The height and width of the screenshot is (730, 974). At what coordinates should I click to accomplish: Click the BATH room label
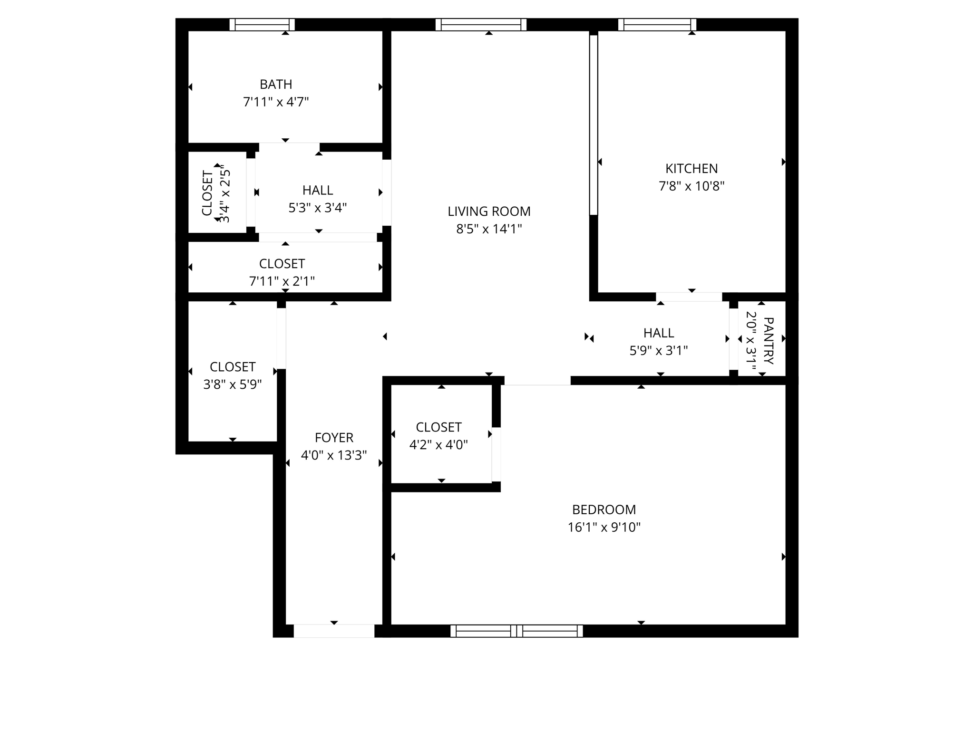[276, 85]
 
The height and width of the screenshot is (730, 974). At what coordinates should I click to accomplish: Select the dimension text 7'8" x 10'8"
[691, 186]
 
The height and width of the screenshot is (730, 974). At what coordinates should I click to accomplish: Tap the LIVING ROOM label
[489, 211]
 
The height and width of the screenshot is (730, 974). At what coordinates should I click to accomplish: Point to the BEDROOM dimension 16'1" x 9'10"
[604, 528]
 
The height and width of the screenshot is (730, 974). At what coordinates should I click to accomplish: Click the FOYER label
[334, 438]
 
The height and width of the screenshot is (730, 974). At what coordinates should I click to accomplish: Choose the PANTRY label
[768, 340]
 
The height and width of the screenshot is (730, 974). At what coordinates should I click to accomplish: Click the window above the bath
[262, 25]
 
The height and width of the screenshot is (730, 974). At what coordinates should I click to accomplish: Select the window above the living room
[481, 25]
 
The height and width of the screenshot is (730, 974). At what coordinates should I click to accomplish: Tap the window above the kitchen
[657, 25]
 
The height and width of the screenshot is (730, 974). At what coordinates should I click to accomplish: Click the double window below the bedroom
[516, 631]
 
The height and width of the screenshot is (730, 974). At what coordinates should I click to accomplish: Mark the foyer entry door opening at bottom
[334, 631]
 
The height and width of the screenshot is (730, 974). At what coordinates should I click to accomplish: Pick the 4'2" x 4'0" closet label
[438, 427]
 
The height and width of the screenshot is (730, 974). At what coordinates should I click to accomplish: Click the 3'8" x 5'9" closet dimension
[233, 384]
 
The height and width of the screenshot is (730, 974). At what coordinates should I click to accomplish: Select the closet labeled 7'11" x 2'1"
[282, 264]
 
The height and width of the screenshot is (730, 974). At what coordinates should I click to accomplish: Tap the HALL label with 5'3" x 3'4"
[318, 191]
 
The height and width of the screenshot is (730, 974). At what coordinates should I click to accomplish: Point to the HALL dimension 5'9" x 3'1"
[659, 351]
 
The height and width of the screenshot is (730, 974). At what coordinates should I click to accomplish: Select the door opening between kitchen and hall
[689, 297]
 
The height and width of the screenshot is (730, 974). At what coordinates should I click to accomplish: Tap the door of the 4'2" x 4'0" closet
[496, 454]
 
